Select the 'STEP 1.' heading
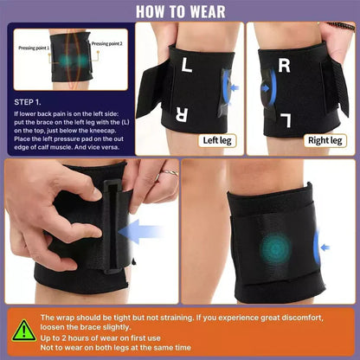[x=32, y=100]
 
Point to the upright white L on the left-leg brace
[x=189, y=65]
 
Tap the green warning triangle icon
[x=23, y=331]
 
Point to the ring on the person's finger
[x=171, y=174]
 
